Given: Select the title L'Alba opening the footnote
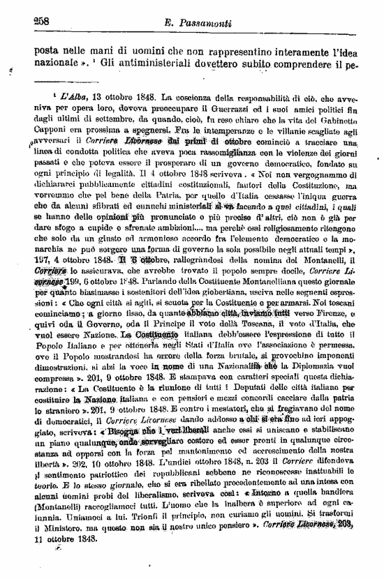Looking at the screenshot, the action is click(74, 96).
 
